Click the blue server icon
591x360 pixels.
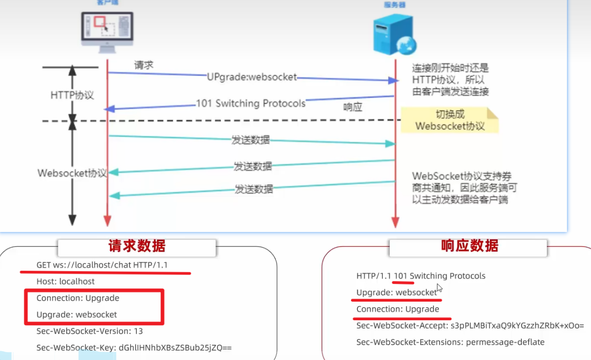point(394,34)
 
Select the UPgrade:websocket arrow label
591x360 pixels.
point(251,77)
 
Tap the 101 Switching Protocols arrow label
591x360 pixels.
point(250,103)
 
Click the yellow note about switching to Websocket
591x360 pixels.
point(450,121)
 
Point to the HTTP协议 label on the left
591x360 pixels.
point(72,96)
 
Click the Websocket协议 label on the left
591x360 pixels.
point(72,174)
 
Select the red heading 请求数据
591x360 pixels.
point(136,246)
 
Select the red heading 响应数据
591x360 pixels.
point(469,246)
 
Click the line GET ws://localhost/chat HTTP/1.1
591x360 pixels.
point(102,265)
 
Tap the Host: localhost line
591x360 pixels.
point(66,282)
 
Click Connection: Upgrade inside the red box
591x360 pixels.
point(78,298)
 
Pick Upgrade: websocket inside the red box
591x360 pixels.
point(77,314)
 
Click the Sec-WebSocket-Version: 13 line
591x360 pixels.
point(89,331)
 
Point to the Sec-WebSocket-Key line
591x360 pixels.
point(134,348)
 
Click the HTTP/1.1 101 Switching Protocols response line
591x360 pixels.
point(421,276)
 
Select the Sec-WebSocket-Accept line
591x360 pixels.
point(470,325)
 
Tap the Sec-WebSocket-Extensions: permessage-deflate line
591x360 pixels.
point(450,342)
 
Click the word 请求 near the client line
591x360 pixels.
point(144,65)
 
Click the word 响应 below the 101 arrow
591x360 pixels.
point(352,107)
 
